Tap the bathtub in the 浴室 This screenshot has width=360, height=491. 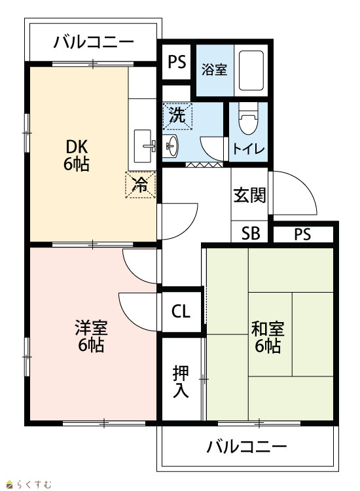click(251, 71)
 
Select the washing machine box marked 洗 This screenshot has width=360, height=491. click(177, 116)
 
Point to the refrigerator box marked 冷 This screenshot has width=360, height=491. click(140, 185)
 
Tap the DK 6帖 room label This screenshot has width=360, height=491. click(77, 155)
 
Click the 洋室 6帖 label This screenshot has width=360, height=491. click(91, 336)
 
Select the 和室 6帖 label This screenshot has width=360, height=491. click(268, 337)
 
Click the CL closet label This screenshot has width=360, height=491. click(181, 311)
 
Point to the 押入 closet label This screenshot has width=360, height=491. click(181, 381)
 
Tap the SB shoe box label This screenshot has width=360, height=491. click(251, 233)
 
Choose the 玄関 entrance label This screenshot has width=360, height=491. click(250, 195)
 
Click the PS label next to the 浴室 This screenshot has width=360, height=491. click(177, 62)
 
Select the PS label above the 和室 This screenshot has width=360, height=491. click(302, 234)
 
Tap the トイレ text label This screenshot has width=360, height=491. click(249, 149)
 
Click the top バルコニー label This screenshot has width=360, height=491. click(94, 42)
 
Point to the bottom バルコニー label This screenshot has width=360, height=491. click(247, 446)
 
